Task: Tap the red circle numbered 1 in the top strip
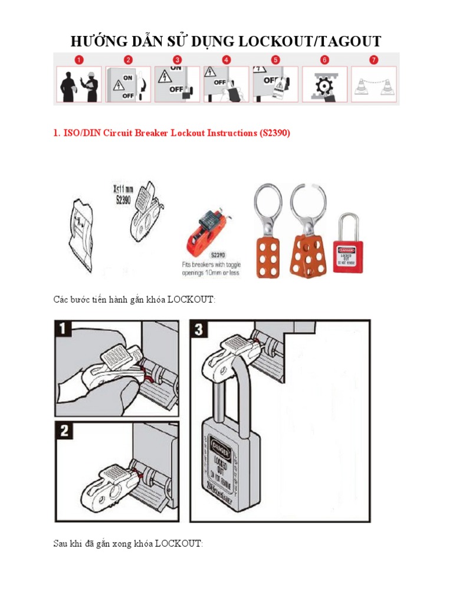pos(79,60)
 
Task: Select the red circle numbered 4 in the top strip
pos(226,60)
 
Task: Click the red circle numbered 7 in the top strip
pos(373,60)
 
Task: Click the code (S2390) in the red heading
pos(274,133)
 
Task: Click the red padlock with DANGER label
pos(347,251)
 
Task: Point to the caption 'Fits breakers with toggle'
pos(211,265)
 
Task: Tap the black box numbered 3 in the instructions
pos(199,329)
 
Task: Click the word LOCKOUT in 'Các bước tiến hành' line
pos(191,300)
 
